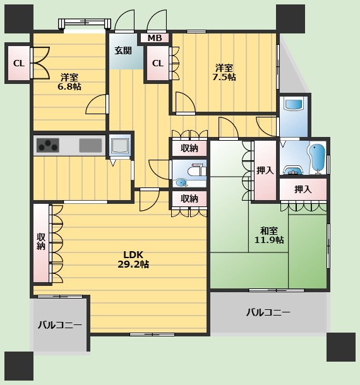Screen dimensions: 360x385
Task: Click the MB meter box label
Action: (x=155, y=38)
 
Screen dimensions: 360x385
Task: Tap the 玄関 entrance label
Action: (x=123, y=50)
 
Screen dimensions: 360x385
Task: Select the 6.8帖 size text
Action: (x=69, y=86)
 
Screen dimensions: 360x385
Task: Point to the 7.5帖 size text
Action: (x=224, y=77)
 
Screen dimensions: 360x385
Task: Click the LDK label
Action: (x=133, y=254)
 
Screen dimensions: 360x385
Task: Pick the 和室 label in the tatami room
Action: (x=269, y=231)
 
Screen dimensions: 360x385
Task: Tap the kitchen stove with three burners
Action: (x=47, y=145)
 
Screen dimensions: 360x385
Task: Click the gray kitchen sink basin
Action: (x=90, y=145)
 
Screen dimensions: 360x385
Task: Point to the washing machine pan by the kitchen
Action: (x=119, y=145)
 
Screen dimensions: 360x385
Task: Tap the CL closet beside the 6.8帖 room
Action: (x=19, y=63)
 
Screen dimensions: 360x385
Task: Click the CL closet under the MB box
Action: (x=158, y=63)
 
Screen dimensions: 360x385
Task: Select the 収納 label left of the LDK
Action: (x=41, y=242)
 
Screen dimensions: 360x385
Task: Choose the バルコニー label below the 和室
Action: (x=268, y=312)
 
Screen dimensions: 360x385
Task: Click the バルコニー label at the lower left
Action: (x=60, y=325)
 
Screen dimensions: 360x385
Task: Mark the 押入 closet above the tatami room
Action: (x=303, y=189)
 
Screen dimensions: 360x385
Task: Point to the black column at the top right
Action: (x=291, y=19)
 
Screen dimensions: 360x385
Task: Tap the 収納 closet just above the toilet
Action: (x=189, y=148)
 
